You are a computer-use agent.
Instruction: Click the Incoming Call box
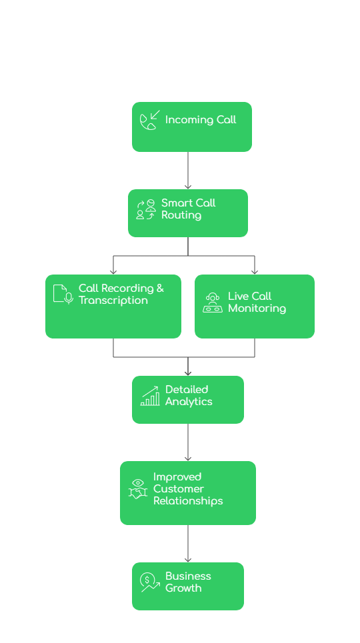tap(191, 127)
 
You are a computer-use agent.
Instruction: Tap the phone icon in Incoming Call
tap(149, 121)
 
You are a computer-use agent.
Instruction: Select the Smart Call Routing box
tap(187, 213)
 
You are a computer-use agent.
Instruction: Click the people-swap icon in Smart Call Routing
tap(146, 209)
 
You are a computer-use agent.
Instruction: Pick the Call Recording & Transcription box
tap(113, 307)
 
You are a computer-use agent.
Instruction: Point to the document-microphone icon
tap(63, 294)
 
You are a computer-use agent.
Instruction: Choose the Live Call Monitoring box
tap(254, 307)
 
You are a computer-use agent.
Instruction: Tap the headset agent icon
tap(213, 303)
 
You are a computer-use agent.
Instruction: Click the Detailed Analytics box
tap(187, 400)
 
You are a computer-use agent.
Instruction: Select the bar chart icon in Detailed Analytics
tap(150, 396)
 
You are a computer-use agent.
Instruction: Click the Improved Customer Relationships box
tap(187, 493)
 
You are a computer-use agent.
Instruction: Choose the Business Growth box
tap(187, 586)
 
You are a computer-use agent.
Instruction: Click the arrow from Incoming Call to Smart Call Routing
tap(188, 171)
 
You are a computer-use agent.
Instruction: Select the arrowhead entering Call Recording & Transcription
tap(113, 271)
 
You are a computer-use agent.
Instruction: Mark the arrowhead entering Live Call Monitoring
tap(255, 271)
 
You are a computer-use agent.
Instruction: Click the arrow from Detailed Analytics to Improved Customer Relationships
tap(188, 442)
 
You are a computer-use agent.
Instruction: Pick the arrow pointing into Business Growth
tap(188, 544)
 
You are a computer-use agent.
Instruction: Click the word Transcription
tap(113, 301)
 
